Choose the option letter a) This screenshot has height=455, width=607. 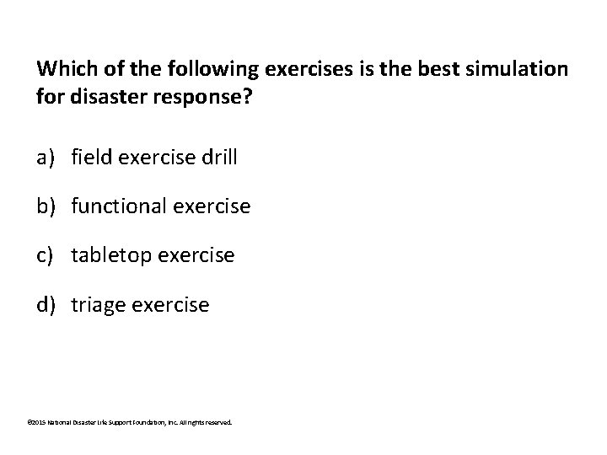(46, 156)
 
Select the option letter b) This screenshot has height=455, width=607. (47, 205)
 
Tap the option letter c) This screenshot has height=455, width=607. (46, 254)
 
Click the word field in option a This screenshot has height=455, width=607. (90, 156)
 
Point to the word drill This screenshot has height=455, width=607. (218, 156)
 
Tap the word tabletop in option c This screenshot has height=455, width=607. (106, 254)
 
